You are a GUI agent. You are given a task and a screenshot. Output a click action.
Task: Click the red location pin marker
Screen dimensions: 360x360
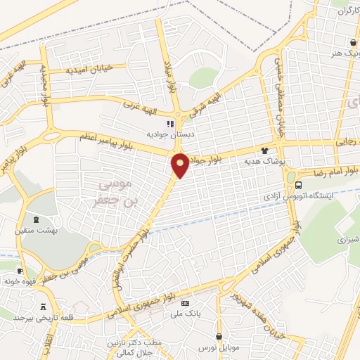click(x=181, y=166)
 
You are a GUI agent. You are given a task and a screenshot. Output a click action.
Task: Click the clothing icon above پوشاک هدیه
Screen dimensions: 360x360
click(x=264, y=150)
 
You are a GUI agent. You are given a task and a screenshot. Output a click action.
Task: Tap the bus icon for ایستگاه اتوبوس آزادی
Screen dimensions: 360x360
click(x=299, y=185)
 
